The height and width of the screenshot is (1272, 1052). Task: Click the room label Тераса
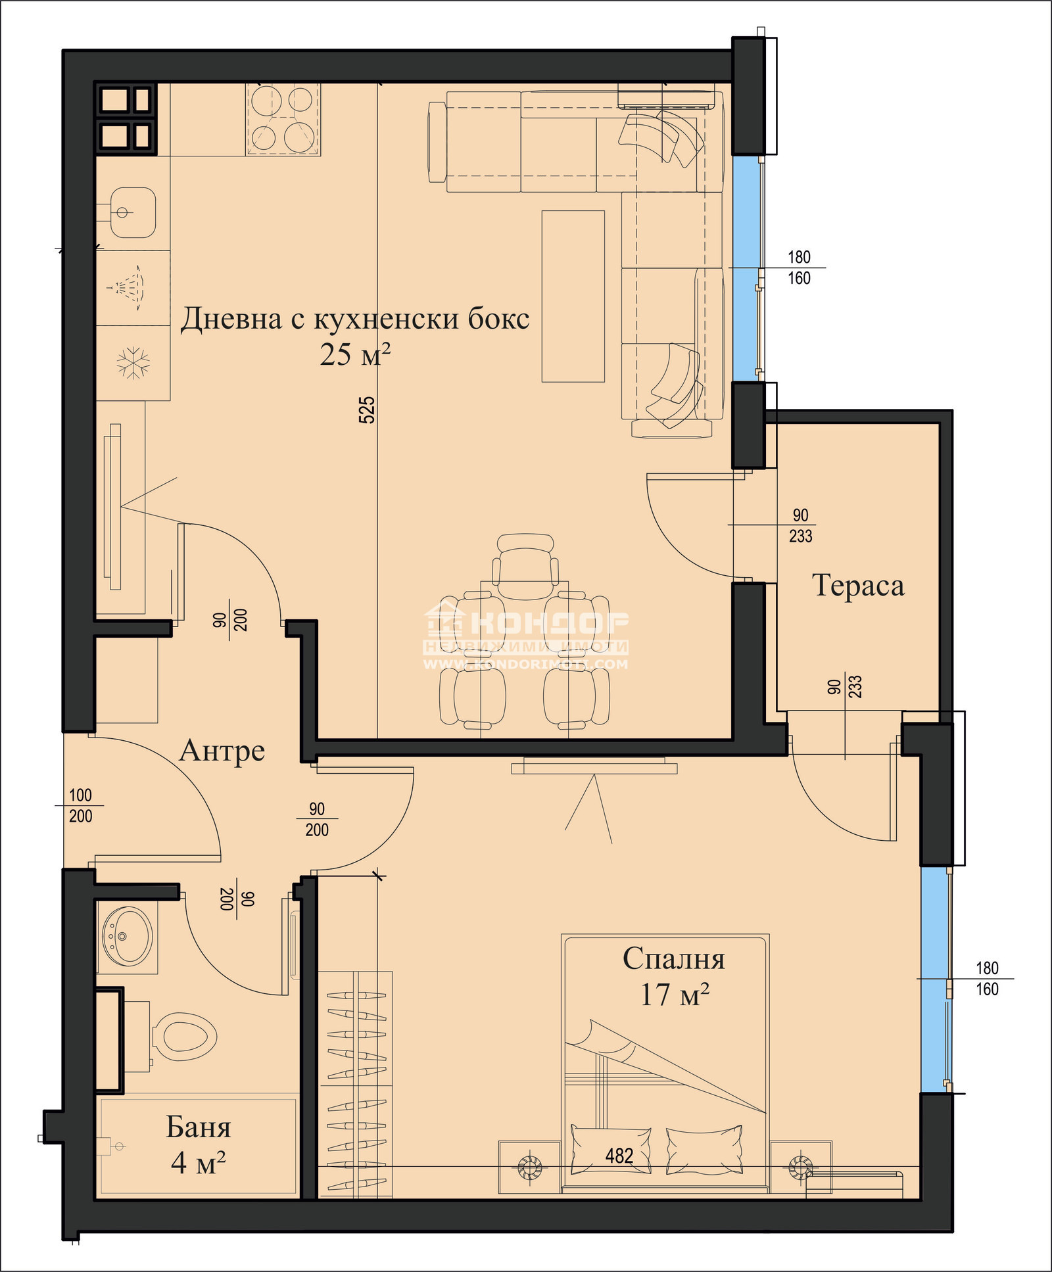pos(858,585)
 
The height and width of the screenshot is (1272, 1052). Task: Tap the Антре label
pos(222,750)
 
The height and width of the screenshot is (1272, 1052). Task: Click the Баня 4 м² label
pos(198,1144)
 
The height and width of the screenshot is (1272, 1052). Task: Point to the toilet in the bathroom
pos(184,1037)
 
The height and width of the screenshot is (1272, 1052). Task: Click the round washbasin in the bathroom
pos(128,936)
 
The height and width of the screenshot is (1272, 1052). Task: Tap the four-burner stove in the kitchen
pos(283,119)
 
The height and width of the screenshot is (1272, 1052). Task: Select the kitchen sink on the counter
pos(132,212)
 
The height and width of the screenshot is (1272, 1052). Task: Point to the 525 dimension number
pos(367,409)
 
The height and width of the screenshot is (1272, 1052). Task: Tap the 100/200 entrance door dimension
pos(80,805)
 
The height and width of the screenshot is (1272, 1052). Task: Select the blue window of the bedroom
pos(934,979)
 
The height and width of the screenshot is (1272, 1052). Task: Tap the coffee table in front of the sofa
pos(573,296)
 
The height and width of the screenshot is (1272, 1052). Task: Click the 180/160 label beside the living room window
pos(799,268)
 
